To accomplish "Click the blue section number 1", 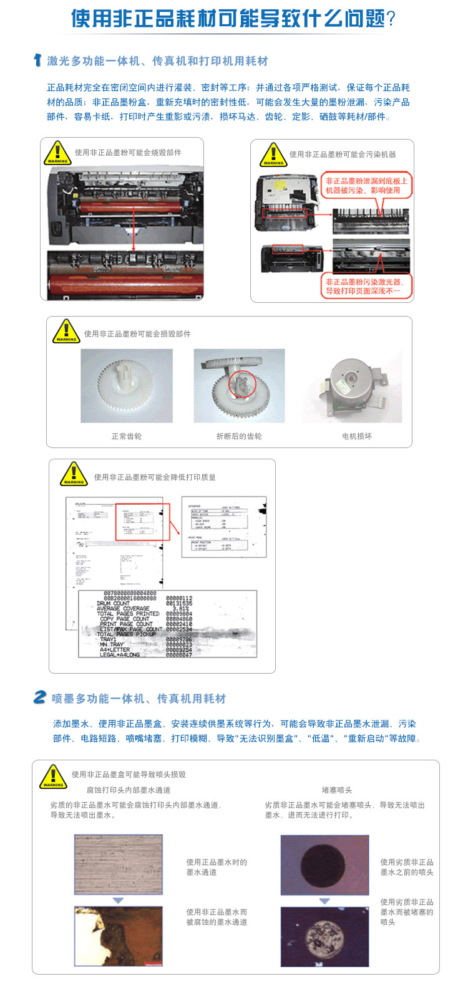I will tap(37, 60).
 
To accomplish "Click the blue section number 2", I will tap(40, 697).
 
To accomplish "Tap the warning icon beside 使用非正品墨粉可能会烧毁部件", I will tap(57, 153).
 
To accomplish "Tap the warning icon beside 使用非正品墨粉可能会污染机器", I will tap(273, 155).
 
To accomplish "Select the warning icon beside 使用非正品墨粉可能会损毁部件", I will tap(66, 332).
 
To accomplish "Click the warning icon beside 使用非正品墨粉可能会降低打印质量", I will tap(74, 474).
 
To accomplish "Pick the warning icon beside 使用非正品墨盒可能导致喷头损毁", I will tap(53, 777).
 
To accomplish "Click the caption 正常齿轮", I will tap(127, 436).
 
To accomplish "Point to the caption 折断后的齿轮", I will tap(239, 436).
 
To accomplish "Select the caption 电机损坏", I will tap(357, 436).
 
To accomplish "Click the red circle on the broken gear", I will tap(241, 386).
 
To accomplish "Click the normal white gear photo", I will tap(127, 386).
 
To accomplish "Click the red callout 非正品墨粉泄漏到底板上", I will tap(366, 185).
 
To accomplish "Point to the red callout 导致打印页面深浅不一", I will tap(366, 287).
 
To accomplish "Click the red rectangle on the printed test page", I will tap(143, 522).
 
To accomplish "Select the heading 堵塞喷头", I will tap(337, 790).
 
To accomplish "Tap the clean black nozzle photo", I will tap(324, 865).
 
